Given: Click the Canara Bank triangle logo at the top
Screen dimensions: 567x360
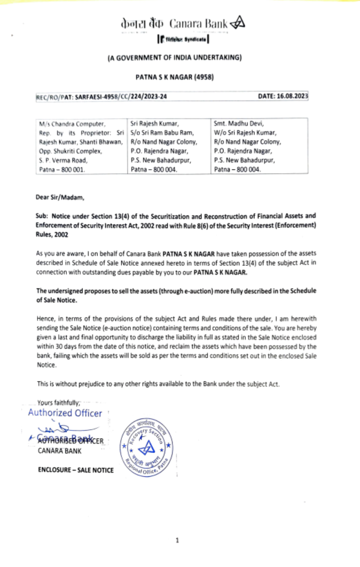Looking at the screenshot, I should click(238, 23).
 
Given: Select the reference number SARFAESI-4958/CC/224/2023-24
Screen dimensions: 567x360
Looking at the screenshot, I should click(121, 97).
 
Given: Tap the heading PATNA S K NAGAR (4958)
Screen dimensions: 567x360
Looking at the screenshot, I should click(175, 77).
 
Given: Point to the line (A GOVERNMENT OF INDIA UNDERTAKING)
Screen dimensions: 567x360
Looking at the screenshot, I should click(175, 58).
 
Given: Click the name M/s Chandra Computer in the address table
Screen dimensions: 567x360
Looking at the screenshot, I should click(72, 124).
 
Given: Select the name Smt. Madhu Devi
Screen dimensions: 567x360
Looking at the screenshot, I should click(239, 124).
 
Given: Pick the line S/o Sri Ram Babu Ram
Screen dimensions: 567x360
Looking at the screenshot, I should click(162, 133).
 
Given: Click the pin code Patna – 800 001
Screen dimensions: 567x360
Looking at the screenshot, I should click(62, 169).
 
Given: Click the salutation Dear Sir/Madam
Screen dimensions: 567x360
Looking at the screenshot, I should click(60, 197).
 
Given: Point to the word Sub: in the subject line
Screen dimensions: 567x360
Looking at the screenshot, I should click(41, 216).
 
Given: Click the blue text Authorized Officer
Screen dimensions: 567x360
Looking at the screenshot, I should click(65, 413).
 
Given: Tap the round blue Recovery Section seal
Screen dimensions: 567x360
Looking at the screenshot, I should click(147, 447).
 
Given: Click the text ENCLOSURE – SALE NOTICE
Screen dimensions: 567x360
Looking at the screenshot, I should click(76, 470).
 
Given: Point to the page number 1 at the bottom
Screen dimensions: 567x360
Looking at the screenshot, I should click(177, 540).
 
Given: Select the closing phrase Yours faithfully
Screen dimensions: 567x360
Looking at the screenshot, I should click(59, 403).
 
